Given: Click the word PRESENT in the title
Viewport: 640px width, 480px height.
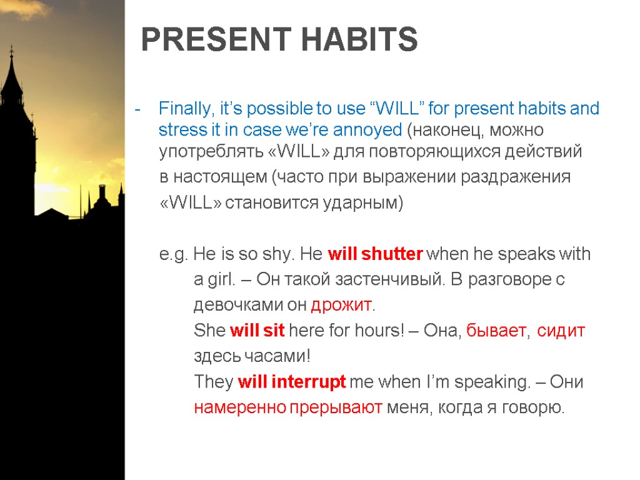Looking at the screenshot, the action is point(216,39).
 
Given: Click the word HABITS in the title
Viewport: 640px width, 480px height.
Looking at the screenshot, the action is point(359,39).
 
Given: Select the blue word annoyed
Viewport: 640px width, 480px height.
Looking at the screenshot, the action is point(367,131).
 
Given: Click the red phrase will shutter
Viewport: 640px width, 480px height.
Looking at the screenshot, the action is point(375,254).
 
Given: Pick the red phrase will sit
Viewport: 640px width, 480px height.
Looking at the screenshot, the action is point(257,330).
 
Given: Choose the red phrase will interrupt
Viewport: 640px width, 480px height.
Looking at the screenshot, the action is point(292,382).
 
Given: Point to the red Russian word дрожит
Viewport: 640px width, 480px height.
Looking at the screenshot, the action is point(341,305).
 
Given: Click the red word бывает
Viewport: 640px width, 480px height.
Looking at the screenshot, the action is point(496,331).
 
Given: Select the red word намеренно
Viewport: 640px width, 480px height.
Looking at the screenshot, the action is point(240,407).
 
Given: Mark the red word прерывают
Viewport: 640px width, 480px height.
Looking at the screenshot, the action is point(336,407).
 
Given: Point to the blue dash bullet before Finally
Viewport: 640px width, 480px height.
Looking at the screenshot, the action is point(137,109).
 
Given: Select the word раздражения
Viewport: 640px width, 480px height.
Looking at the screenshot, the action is point(516,177).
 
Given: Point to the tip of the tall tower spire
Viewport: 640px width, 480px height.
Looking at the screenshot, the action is point(11,45).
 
